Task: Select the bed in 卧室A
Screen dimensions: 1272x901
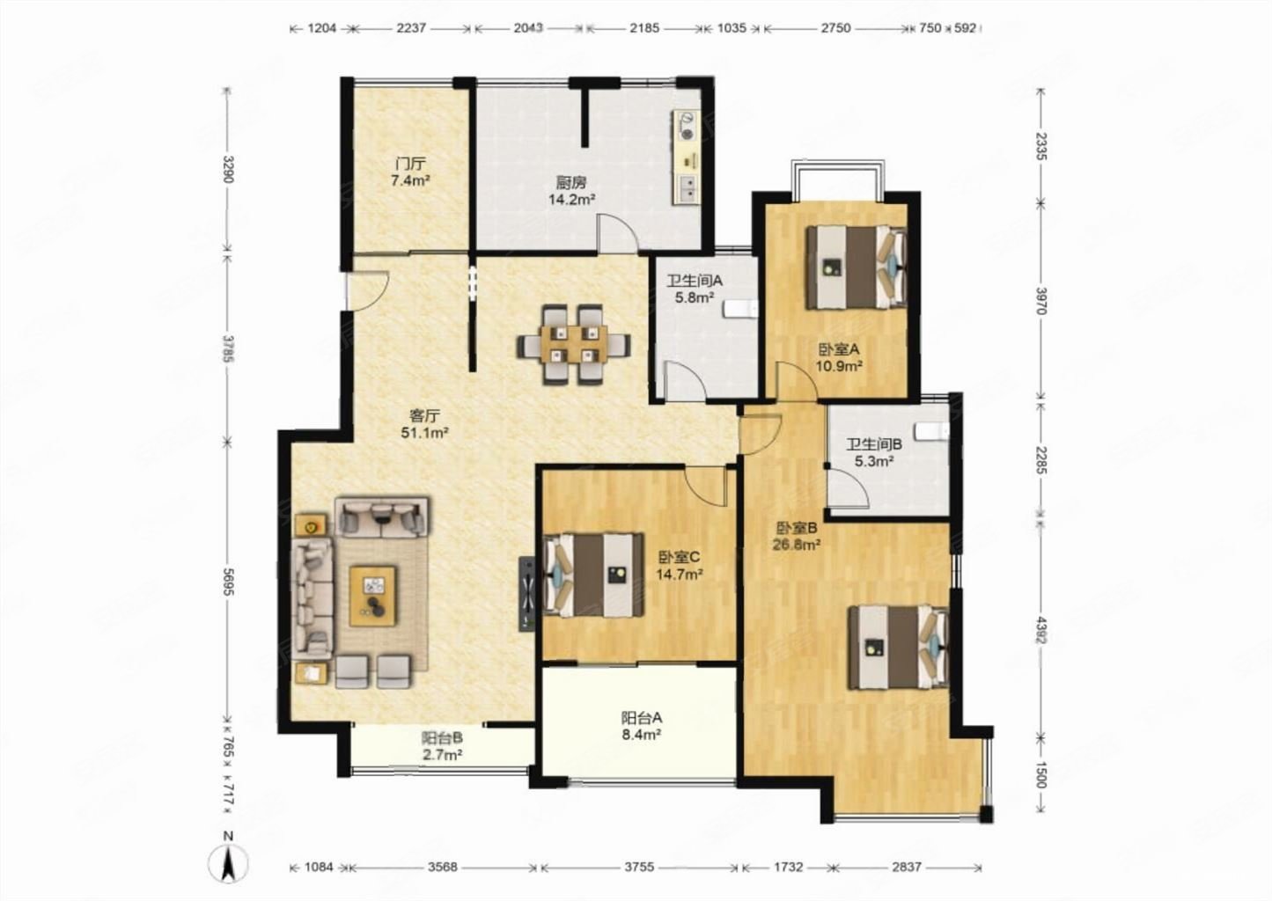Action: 857,267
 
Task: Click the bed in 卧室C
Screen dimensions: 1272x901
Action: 594,575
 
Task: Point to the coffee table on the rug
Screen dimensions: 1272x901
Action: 373,596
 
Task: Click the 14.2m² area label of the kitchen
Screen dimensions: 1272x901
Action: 571,199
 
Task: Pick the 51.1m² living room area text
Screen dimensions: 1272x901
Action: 425,433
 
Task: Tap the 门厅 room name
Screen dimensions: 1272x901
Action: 410,164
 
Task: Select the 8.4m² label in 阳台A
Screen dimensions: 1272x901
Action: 641,736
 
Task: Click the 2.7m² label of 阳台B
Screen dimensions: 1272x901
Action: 442,755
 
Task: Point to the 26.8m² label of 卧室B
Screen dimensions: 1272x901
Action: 796,545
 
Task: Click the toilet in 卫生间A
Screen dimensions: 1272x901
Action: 741,309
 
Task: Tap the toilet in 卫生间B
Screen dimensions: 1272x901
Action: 932,431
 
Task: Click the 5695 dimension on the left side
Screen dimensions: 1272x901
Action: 228,582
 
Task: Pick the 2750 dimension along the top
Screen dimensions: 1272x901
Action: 835,28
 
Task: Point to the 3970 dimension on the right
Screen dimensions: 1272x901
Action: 1040,301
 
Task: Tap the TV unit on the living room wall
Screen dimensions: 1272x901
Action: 527,593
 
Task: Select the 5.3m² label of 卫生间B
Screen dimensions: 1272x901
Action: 874,462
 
